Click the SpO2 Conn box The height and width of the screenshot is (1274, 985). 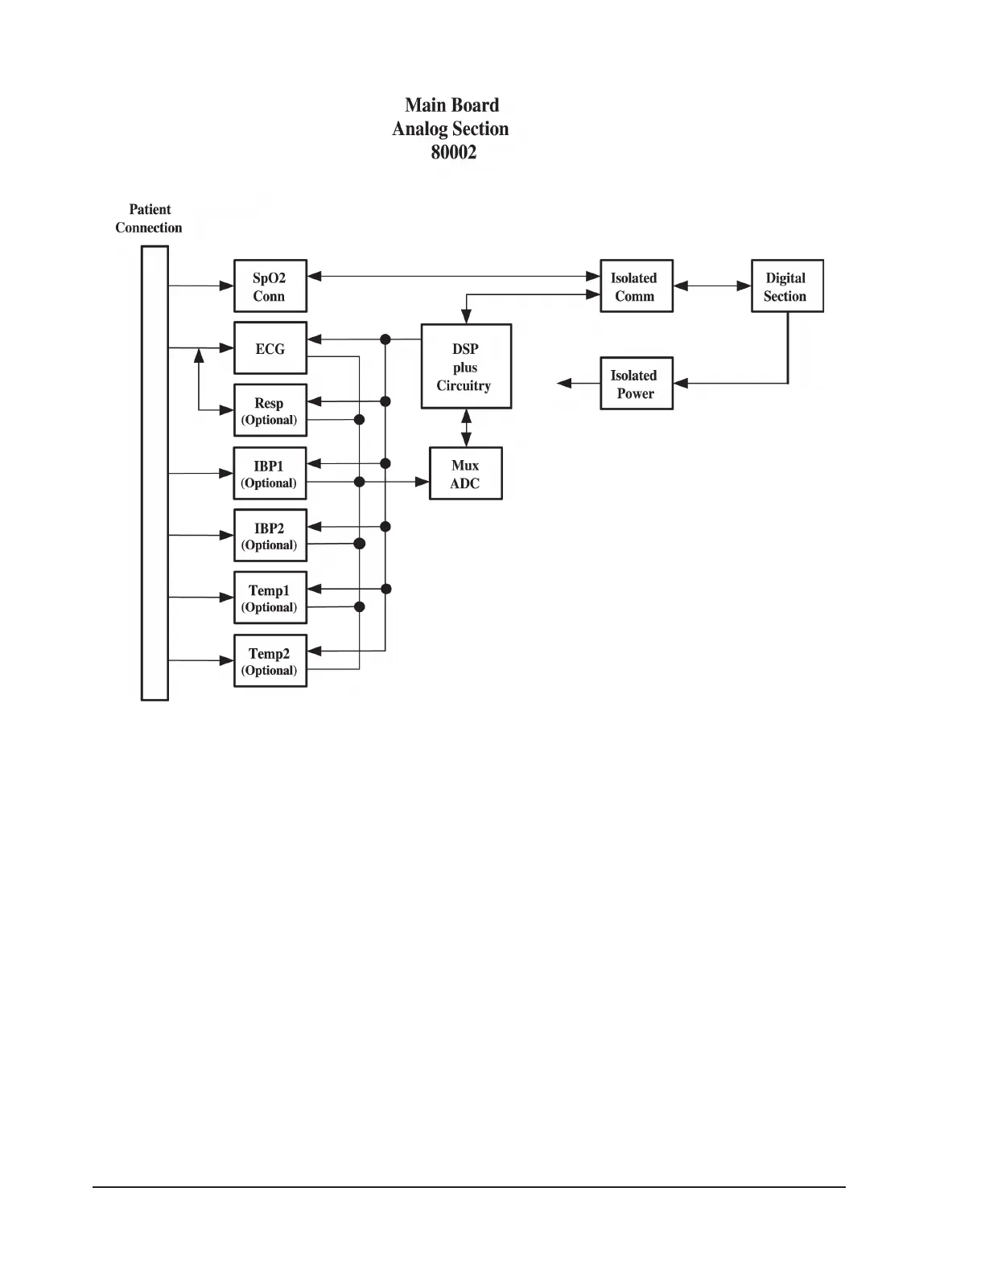[x=270, y=286]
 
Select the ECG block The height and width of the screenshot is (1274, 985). [x=270, y=348]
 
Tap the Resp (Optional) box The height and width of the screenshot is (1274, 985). [x=270, y=410]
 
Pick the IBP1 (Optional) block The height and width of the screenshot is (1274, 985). [x=270, y=473]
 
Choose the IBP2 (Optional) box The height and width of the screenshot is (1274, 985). [x=270, y=535]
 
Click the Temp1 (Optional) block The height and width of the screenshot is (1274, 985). [x=270, y=598]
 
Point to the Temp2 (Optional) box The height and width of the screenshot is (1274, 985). [x=270, y=660]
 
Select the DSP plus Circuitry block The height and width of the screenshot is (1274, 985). [x=466, y=367]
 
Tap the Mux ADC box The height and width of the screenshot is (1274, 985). [x=466, y=474]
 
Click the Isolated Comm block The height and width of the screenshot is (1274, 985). [x=636, y=286]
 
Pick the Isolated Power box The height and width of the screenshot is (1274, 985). [x=636, y=384]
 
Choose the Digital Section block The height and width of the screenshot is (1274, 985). [x=787, y=286]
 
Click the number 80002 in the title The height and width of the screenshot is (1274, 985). [x=453, y=152]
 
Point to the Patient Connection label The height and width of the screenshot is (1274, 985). [x=149, y=218]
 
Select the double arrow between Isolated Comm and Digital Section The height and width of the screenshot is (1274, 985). [x=711, y=286]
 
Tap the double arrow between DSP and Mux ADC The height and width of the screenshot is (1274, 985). [x=466, y=428]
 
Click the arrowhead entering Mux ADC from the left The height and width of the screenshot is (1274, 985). [x=422, y=482]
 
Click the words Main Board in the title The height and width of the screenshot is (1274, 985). [x=451, y=105]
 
